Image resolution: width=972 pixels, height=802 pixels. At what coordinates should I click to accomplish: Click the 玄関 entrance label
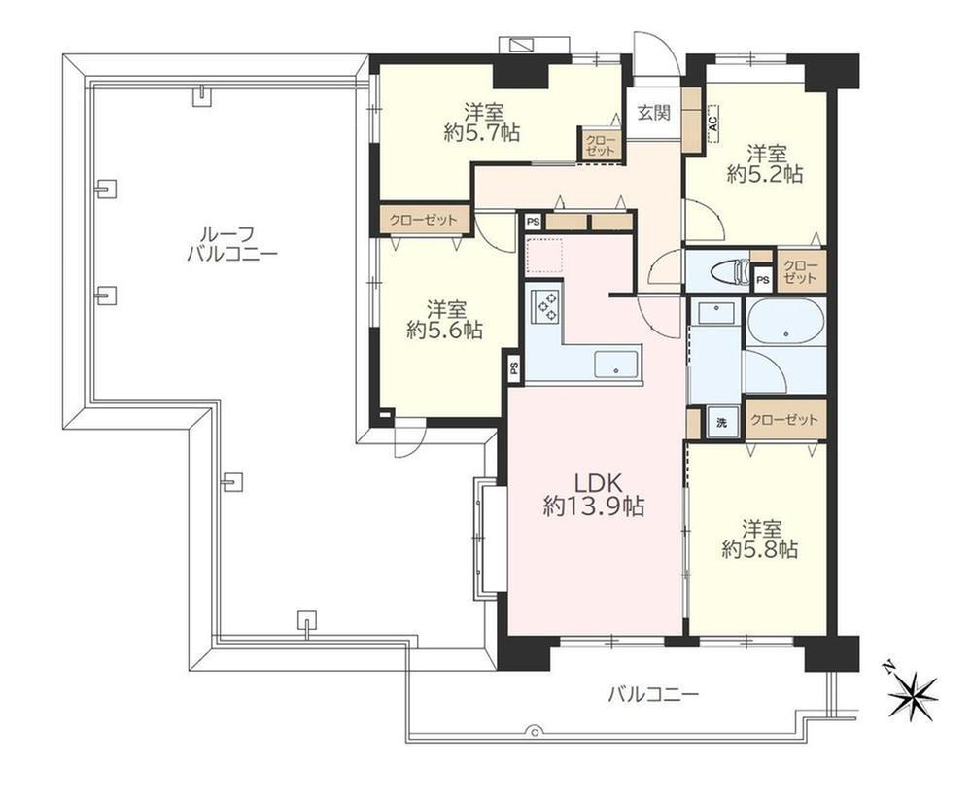pyautogui.click(x=654, y=113)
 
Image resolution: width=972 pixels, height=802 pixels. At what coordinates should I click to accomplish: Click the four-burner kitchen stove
pyautogui.click(x=543, y=305)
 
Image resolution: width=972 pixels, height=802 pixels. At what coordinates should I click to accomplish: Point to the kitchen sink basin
pyautogui.click(x=616, y=364)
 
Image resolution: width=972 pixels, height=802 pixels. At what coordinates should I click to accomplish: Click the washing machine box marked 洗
pyautogui.click(x=721, y=424)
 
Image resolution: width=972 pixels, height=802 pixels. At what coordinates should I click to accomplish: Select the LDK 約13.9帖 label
pyautogui.click(x=593, y=495)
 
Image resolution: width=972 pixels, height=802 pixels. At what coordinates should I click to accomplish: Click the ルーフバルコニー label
pyautogui.click(x=232, y=244)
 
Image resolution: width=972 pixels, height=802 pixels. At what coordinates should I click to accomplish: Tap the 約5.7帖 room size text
pyautogui.click(x=482, y=132)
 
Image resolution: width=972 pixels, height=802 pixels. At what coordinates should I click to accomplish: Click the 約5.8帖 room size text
pyautogui.click(x=759, y=549)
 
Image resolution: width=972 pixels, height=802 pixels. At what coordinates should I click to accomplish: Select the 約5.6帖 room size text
pyautogui.click(x=444, y=330)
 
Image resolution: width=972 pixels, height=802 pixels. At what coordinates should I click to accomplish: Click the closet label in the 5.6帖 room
pyautogui.click(x=424, y=220)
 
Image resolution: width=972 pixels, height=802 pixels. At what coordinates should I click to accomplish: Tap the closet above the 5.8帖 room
pyautogui.click(x=784, y=420)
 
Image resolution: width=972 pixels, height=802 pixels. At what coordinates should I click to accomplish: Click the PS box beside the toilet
pyautogui.click(x=762, y=280)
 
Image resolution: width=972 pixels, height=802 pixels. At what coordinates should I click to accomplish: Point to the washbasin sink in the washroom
pyautogui.click(x=716, y=312)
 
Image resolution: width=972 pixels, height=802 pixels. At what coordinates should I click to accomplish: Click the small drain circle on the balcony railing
pyautogui.click(x=532, y=731)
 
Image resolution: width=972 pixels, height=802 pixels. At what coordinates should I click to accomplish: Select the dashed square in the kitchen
pyautogui.click(x=544, y=256)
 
